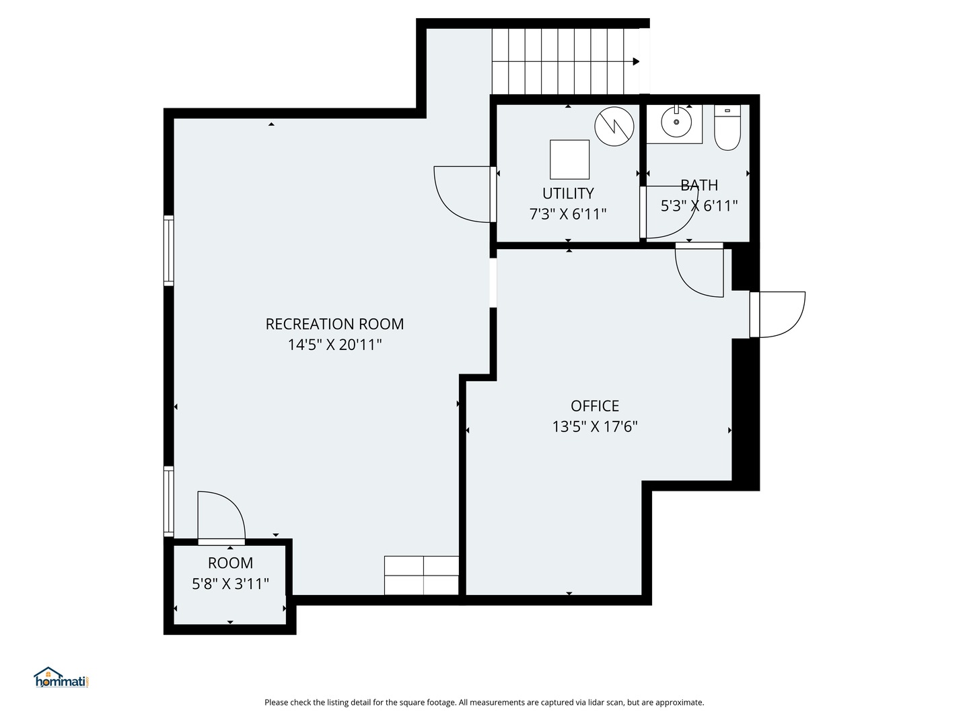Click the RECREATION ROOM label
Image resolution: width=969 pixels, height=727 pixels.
point(334,324)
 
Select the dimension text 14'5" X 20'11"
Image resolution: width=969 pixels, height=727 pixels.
point(334,345)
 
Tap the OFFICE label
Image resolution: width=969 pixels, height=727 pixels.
point(595,406)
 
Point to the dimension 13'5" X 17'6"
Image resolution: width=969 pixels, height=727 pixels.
point(595,426)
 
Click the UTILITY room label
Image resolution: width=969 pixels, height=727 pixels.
point(568,193)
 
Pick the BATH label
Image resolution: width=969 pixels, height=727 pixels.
point(699,185)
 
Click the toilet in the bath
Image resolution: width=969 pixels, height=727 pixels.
point(727,128)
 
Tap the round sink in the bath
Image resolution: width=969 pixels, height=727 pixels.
point(676,123)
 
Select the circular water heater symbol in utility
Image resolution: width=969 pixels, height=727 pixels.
point(614,126)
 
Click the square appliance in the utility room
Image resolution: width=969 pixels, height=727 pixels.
point(569,160)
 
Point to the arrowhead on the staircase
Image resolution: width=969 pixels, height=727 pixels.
point(636,61)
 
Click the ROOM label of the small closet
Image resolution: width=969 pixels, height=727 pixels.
point(230,563)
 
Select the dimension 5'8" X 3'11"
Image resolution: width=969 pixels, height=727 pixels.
point(230,584)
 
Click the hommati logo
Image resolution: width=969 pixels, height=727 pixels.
point(61,678)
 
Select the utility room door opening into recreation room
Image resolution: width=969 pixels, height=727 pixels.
point(463,193)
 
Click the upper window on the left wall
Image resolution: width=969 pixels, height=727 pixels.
point(169,250)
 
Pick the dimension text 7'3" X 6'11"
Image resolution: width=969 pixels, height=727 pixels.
point(568,214)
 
